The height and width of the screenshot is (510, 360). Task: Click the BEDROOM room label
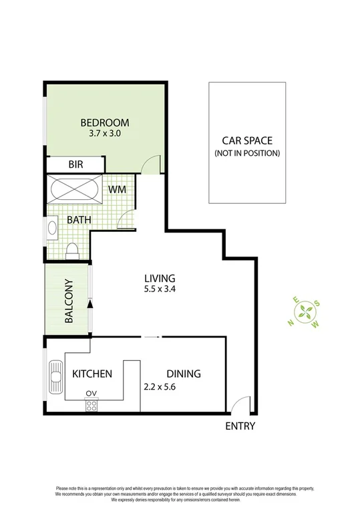point(105,122)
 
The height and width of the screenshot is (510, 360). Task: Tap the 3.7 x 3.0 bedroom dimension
point(104,134)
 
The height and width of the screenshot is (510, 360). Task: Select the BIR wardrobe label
point(75,164)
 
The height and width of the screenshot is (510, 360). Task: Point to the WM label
point(118,190)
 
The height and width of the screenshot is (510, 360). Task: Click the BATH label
point(78,219)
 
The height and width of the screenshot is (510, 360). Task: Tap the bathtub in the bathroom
point(74,188)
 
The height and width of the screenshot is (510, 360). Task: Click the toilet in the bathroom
point(73,251)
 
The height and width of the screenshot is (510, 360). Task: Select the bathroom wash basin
point(51,227)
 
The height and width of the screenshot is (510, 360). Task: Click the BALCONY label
point(68,301)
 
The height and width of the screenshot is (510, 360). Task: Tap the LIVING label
point(160,278)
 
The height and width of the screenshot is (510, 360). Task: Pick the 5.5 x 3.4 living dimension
point(160,289)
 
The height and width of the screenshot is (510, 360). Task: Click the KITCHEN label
point(92,374)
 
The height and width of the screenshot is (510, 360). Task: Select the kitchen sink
point(54,379)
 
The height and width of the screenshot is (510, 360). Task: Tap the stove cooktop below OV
point(92,405)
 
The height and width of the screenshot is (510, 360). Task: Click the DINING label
point(184,374)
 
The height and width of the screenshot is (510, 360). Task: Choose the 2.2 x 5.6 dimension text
point(163,386)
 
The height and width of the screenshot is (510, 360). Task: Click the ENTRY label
point(240,426)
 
